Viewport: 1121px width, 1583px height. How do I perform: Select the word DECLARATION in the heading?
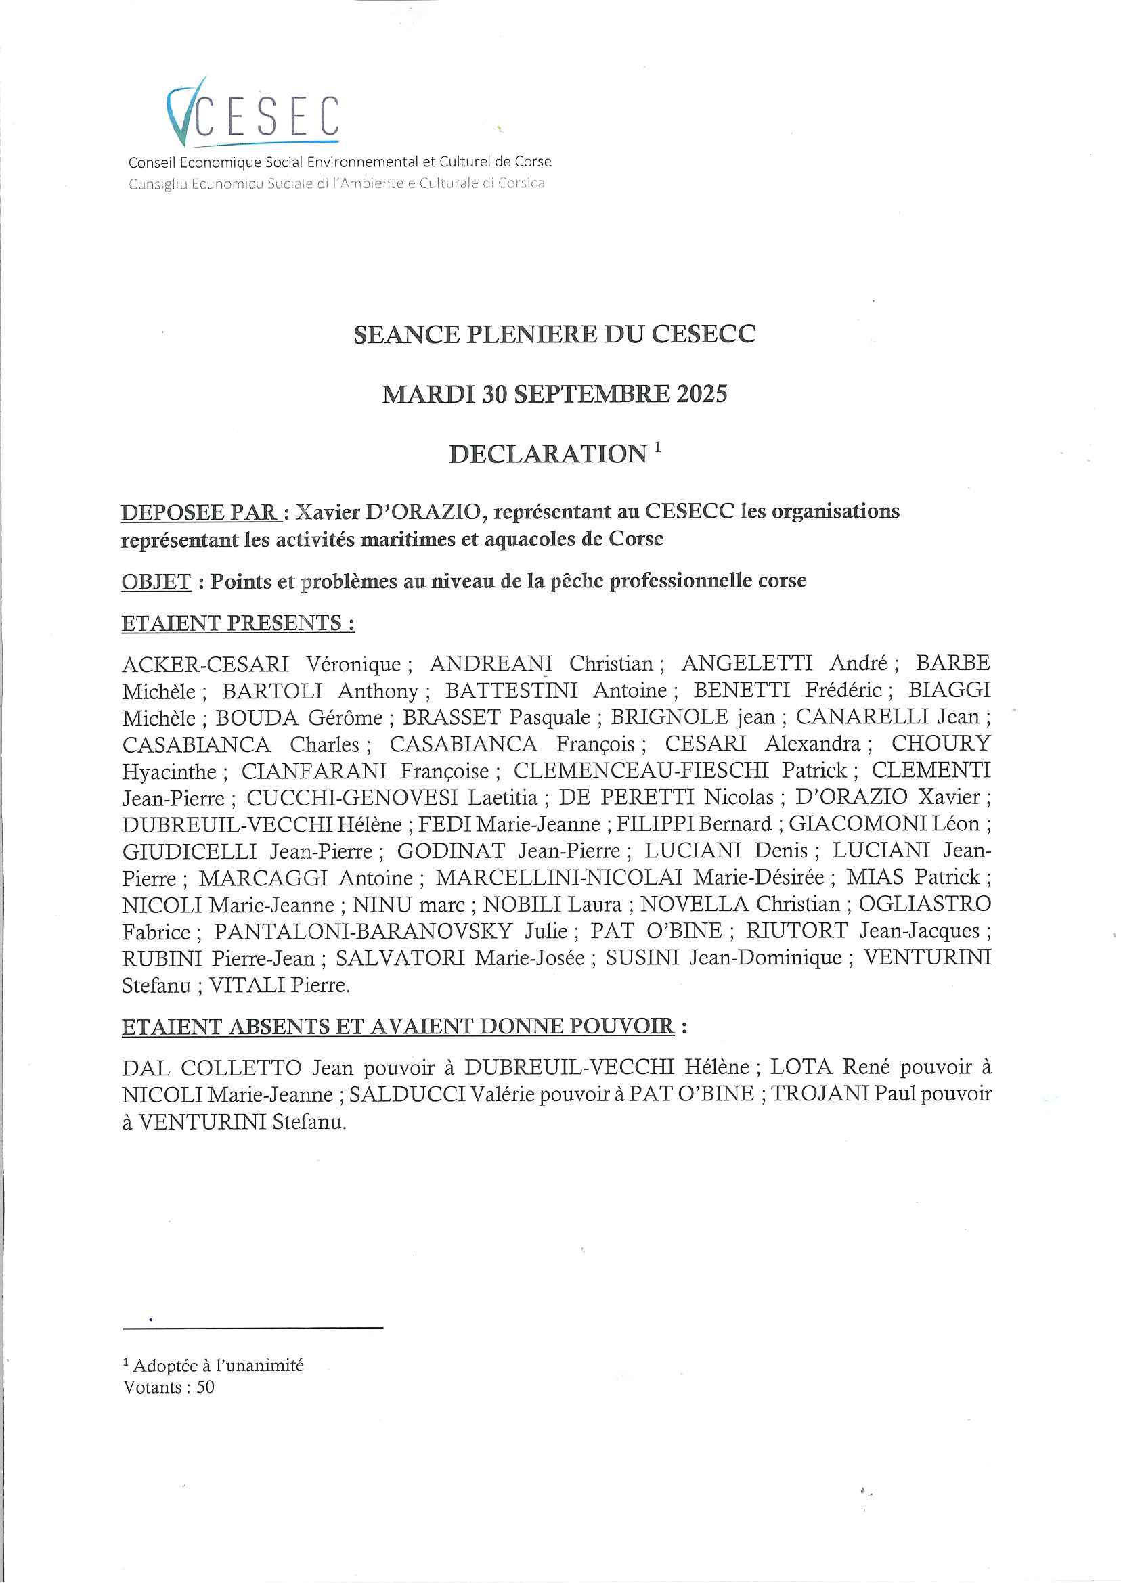click(x=548, y=454)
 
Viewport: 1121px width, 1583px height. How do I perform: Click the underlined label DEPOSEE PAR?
click(x=200, y=513)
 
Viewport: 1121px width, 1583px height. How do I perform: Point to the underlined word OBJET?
click(x=156, y=582)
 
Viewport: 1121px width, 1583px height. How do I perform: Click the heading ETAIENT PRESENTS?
click(x=238, y=623)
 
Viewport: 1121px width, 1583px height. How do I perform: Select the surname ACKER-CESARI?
click(x=206, y=664)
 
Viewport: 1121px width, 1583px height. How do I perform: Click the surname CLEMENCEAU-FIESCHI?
click(x=640, y=770)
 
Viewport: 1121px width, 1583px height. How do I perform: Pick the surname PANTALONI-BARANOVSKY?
click(x=362, y=931)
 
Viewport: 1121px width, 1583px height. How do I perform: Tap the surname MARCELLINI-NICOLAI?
click(x=558, y=878)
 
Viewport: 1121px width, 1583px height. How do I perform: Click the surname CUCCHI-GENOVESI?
click(x=352, y=798)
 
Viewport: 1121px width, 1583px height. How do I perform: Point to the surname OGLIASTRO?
click(x=924, y=904)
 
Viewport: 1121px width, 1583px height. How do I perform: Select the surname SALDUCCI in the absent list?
click(x=407, y=1094)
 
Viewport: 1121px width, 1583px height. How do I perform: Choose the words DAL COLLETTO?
click(x=212, y=1067)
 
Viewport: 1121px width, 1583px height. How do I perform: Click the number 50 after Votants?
click(x=205, y=1387)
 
